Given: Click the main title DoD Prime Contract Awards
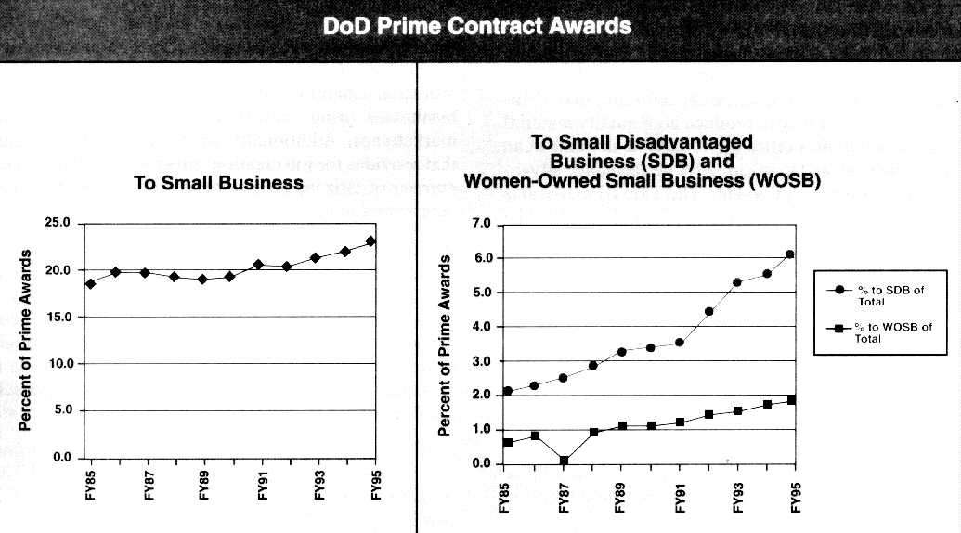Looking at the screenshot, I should [x=477, y=26].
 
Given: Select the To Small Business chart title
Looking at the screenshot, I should [x=219, y=183].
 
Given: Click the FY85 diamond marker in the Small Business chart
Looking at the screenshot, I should [x=90, y=283].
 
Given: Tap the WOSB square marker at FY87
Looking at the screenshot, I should [x=564, y=461].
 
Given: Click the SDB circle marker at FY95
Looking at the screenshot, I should [x=790, y=254].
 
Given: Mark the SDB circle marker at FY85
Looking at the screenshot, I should [x=507, y=391].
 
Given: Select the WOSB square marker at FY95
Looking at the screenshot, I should [x=791, y=400].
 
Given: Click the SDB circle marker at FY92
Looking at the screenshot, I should [x=708, y=311].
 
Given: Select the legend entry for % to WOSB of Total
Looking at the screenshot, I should [x=880, y=332].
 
